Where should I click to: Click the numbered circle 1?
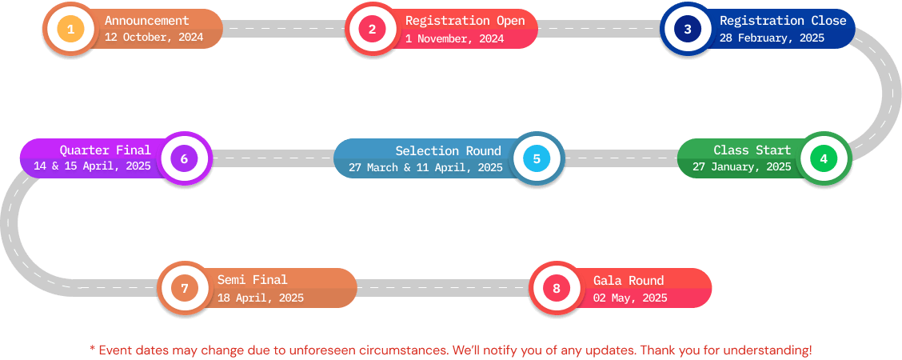(x=70, y=29)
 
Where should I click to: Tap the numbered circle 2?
(x=372, y=29)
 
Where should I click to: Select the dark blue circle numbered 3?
(x=687, y=29)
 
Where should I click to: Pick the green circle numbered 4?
(x=824, y=158)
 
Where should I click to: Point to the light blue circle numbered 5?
(x=537, y=158)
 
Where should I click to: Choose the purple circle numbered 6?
(x=184, y=158)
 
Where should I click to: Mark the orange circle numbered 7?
(x=185, y=288)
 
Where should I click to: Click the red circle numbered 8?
(x=557, y=288)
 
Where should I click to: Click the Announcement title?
(x=146, y=21)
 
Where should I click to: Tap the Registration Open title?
(x=465, y=21)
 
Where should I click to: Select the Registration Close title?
(x=783, y=21)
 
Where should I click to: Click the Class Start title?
(x=752, y=150)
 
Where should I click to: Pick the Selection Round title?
(x=448, y=150)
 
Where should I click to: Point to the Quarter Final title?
(x=106, y=150)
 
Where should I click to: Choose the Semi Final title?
(x=252, y=280)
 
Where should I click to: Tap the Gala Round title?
(x=629, y=281)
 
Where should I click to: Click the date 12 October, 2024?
(x=154, y=38)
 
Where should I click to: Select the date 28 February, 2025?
(x=772, y=38)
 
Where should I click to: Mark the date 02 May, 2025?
(x=630, y=298)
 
